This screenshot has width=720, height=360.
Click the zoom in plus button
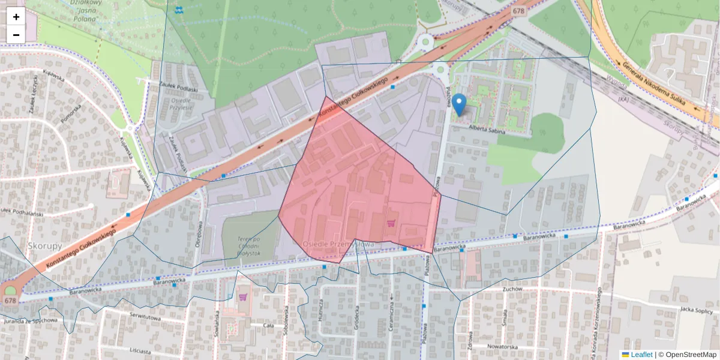[16, 17]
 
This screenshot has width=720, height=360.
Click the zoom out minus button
[16, 35]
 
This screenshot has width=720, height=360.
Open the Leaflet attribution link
[641, 355]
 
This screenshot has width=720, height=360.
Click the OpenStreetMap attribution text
[687, 355]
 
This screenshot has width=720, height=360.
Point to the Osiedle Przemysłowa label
[338, 244]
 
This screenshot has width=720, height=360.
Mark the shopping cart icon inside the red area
[391, 223]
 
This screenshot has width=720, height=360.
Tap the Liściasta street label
[140, 350]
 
